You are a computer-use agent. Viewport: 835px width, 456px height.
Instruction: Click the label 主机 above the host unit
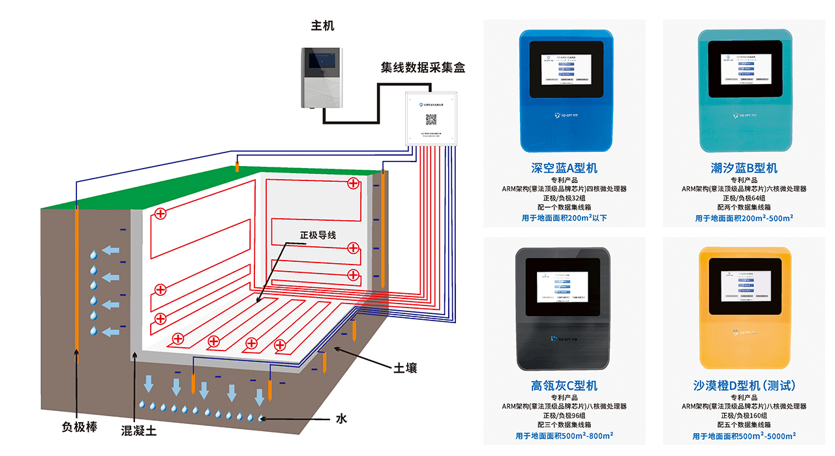(x=322, y=26)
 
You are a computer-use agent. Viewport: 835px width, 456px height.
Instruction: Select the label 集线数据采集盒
(x=423, y=67)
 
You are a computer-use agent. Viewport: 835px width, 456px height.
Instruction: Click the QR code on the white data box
(x=431, y=119)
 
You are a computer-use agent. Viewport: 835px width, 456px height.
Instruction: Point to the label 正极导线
(x=318, y=235)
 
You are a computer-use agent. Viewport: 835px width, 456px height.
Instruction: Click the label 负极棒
(x=79, y=427)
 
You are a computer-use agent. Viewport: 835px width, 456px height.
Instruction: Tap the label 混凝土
(x=139, y=431)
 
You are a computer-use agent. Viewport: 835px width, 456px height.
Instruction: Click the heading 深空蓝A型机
(x=564, y=168)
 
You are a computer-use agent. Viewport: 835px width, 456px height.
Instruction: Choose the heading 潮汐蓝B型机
(x=744, y=168)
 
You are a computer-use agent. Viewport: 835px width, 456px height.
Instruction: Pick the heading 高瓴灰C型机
(x=564, y=386)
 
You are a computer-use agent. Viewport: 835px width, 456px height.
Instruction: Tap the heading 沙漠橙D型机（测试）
(x=744, y=386)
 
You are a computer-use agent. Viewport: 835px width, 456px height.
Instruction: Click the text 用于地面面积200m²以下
(x=564, y=218)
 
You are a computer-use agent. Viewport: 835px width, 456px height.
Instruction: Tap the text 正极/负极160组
(x=744, y=416)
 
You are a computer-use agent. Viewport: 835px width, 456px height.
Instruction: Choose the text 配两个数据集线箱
(x=744, y=208)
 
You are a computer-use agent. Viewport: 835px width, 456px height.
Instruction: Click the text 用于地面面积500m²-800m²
(x=564, y=436)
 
